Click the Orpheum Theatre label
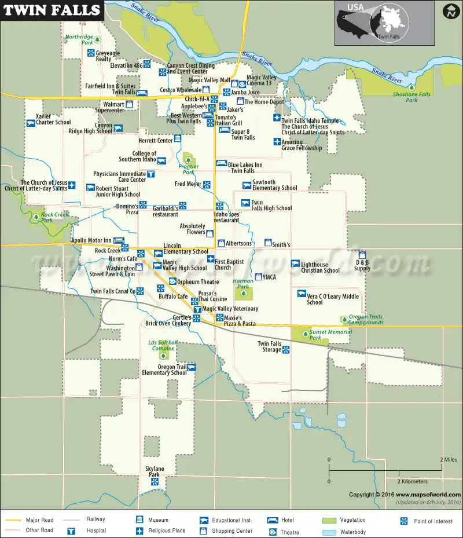[198, 282]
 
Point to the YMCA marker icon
[258, 277]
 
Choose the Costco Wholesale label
[181, 90]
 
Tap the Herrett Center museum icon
[178, 139]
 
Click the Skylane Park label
[155, 471]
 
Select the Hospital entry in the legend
[96, 530]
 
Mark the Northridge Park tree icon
[97, 39]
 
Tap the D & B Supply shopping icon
[362, 255]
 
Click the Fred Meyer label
[188, 184]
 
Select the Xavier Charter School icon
[31, 123]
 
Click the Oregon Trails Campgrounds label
[366, 320]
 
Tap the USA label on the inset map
[355, 8]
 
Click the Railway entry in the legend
[96, 520]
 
